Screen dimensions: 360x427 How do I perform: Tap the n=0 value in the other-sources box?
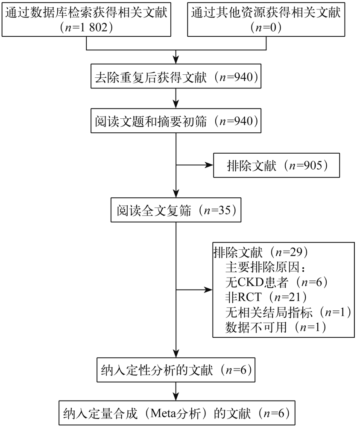266,27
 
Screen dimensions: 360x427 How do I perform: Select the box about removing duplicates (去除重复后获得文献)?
176,76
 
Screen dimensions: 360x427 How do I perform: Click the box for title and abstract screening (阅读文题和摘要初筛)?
176,121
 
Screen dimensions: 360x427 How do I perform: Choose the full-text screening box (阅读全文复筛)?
176,210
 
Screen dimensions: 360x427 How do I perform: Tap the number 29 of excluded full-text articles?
296,252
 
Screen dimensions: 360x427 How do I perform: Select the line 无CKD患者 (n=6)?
277,282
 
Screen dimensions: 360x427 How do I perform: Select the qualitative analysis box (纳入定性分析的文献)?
176,370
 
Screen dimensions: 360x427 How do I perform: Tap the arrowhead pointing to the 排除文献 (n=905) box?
209,165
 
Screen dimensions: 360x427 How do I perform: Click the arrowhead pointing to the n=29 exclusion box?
208,290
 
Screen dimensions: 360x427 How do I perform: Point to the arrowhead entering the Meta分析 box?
176,397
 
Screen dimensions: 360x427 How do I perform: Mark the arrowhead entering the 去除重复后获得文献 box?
176,60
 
